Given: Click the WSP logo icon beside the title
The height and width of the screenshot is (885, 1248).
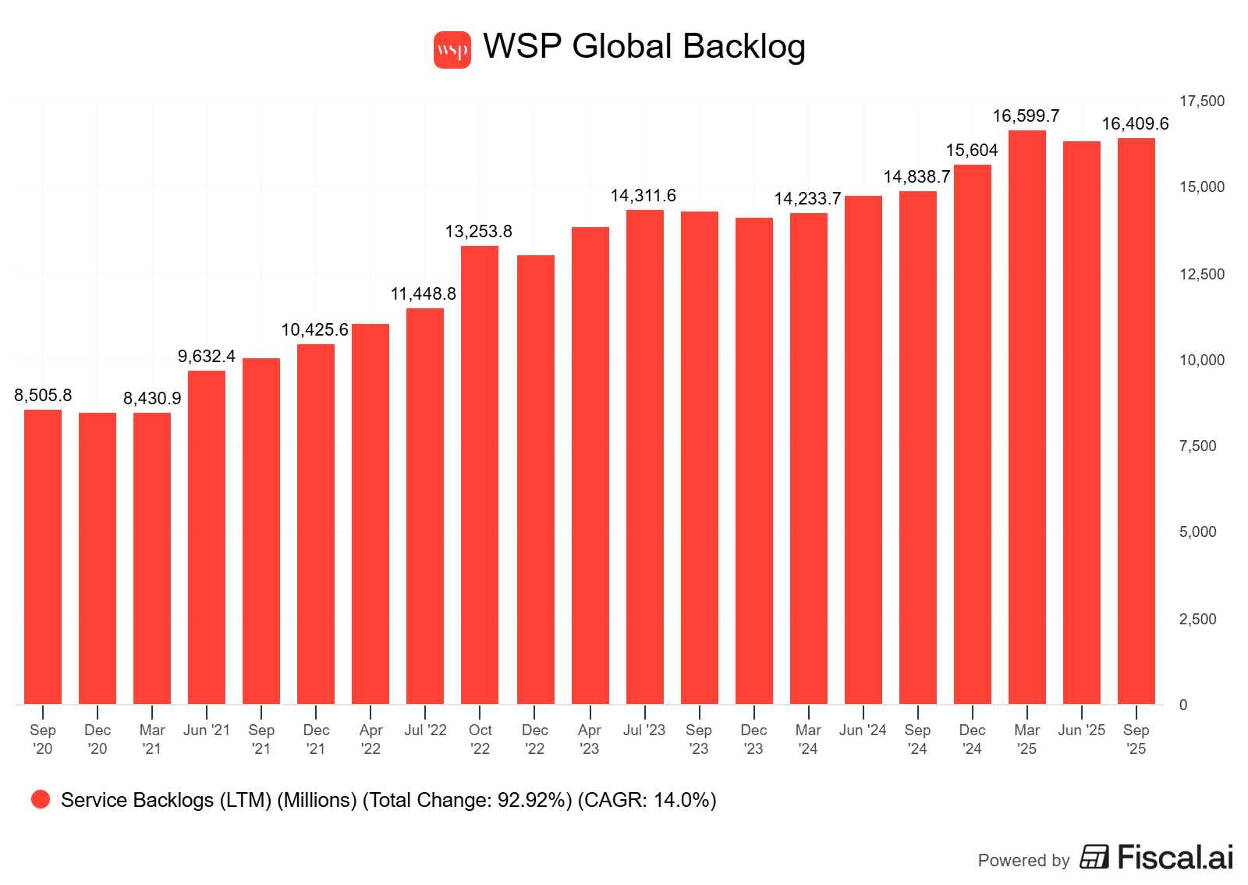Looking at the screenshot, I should coord(452,50).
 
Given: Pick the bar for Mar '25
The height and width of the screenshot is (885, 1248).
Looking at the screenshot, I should coord(1027,417).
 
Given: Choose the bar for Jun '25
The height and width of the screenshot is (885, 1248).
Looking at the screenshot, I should coord(1082,422).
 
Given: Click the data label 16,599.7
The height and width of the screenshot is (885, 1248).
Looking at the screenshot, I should coord(1026,116).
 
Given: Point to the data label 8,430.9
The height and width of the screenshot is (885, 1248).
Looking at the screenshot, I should coord(152,399).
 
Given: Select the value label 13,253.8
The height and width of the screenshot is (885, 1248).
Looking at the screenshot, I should coord(478,232).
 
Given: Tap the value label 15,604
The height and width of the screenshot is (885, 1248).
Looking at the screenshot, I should coord(972,151).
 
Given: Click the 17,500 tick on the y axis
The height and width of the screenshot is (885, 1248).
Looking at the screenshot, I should coord(1201,101).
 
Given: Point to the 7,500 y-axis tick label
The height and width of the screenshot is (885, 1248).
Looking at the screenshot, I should coord(1197,446).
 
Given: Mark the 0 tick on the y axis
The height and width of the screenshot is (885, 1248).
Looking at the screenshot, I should coord(1183,706).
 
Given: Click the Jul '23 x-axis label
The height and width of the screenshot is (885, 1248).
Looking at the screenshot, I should coord(644,730).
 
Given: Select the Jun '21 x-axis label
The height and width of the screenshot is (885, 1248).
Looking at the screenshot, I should coord(207,730).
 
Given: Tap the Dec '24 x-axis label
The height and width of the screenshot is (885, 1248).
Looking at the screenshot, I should coord(972,739).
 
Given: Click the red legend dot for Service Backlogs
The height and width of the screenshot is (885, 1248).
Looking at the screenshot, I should coord(41,799).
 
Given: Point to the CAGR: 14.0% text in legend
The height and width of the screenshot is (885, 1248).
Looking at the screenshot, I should coord(647,801).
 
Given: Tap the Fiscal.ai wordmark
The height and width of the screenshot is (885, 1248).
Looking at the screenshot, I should coord(1175,858).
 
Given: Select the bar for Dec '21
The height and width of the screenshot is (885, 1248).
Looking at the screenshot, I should coord(316,524).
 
